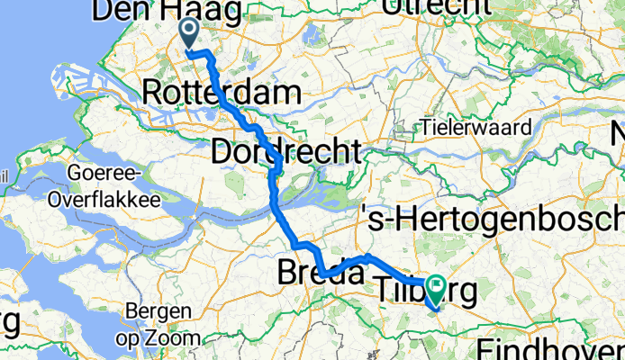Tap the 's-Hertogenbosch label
[x=491, y=217]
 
